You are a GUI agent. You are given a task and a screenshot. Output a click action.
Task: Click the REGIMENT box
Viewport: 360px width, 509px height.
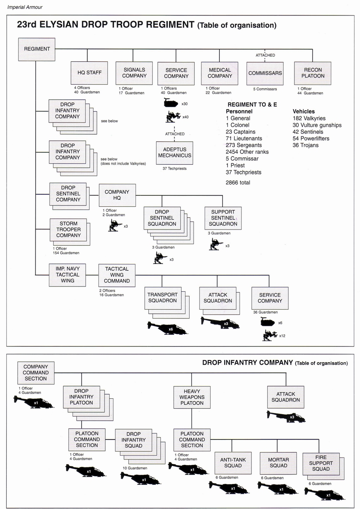click(x=37, y=49)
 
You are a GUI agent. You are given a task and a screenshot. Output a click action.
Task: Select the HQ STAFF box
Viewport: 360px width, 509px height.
click(x=89, y=73)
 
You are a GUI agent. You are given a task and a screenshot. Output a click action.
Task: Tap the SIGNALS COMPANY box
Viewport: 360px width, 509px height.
click(x=134, y=73)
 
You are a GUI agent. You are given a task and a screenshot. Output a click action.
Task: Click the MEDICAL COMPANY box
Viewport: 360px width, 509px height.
click(x=220, y=73)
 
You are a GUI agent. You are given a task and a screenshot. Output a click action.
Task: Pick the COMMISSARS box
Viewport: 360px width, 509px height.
click(x=265, y=73)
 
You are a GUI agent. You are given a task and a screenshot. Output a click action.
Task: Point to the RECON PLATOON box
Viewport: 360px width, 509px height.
click(x=313, y=73)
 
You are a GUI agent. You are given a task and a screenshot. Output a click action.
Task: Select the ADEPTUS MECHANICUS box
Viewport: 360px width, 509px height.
click(x=175, y=153)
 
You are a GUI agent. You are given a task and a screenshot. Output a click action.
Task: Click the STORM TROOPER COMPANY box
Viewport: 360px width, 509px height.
click(x=68, y=229)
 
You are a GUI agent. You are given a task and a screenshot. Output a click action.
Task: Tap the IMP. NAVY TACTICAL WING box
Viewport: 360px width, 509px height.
click(x=68, y=275)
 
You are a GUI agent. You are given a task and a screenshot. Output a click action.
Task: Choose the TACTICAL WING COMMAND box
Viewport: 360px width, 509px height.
click(x=117, y=275)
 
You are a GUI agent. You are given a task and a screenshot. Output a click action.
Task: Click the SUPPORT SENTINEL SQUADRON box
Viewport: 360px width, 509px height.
click(x=223, y=218)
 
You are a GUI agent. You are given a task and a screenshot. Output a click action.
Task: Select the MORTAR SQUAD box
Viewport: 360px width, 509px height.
click(x=278, y=463)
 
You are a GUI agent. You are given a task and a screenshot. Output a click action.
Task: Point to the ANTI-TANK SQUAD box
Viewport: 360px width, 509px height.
click(x=233, y=463)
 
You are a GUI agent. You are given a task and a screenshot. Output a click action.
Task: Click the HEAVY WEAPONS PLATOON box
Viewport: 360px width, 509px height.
click(x=192, y=397)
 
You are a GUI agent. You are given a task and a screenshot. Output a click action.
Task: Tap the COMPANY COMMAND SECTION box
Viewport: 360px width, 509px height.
click(x=36, y=373)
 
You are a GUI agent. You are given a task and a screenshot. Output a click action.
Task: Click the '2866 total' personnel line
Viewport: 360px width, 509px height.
click(x=238, y=182)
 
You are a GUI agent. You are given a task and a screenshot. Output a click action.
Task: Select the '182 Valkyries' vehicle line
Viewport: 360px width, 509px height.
click(x=309, y=118)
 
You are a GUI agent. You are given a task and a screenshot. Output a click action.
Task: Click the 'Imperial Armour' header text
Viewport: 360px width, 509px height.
click(x=25, y=7)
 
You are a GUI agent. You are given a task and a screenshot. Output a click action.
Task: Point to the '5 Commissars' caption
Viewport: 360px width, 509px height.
click(x=265, y=89)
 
